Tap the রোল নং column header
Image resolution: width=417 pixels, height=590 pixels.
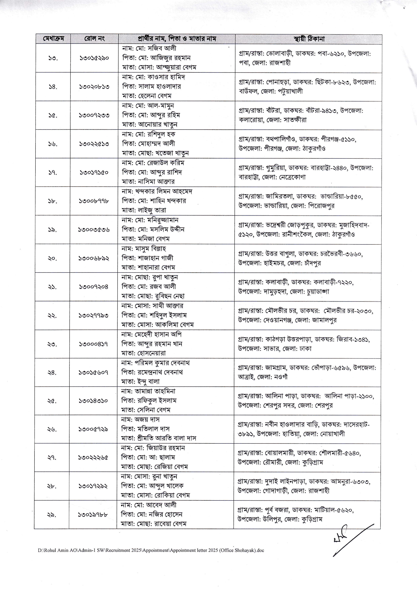click(x=94, y=39)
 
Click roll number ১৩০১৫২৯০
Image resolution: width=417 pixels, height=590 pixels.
click(x=94, y=58)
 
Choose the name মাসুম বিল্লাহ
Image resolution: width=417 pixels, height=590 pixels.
click(x=150, y=249)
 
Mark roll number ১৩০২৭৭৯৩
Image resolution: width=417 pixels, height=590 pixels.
click(x=94, y=316)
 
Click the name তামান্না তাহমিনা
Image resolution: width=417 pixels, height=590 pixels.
click(x=155, y=391)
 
